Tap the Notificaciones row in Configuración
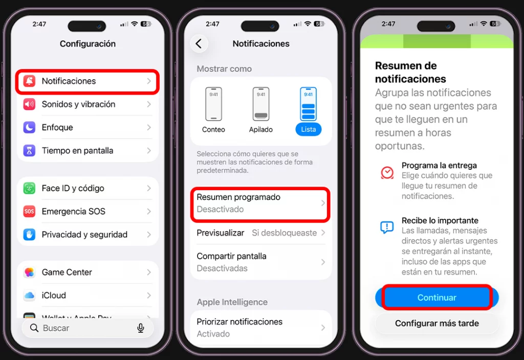click(x=87, y=81)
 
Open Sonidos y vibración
click(x=87, y=104)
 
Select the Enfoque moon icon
click(x=29, y=127)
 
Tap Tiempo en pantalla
click(x=87, y=151)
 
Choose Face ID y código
click(x=87, y=188)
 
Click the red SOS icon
click(x=29, y=211)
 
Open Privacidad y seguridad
click(x=87, y=235)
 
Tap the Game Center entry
click(x=87, y=273)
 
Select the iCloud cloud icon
click(x=29, y=296)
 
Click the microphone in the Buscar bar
click(x=141, y=328)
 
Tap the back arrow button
click(x=199, y=44)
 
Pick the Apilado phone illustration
click(x=261, y=104)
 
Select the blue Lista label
click(x=308, y=129)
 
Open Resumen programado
click(x=260, y=204)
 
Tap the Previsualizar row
click(x=260, y=233)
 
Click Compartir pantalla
click(x=260, y=262)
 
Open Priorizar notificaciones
click(x=260, y=327)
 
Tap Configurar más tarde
click(x=436, y=323)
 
